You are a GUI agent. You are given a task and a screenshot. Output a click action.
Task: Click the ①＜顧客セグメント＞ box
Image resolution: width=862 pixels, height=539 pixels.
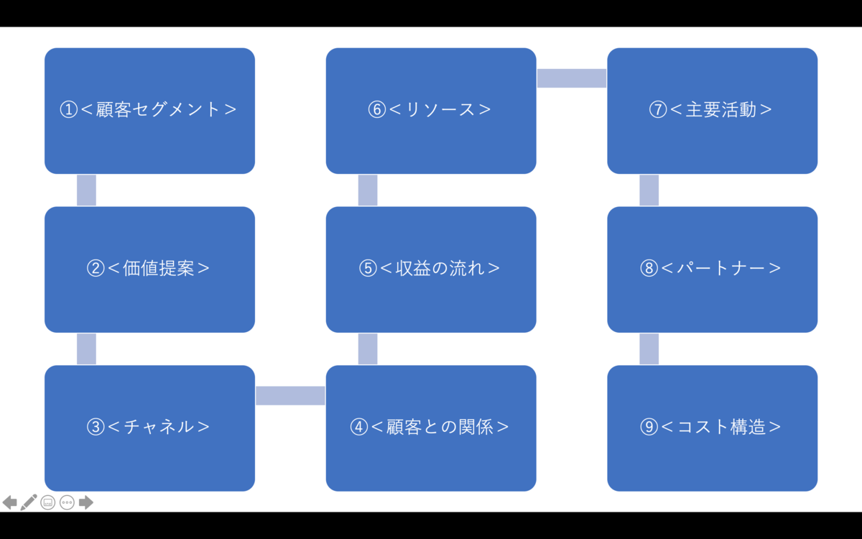point(149,111)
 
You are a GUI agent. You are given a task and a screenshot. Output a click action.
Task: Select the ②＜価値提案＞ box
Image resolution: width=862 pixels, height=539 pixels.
point(149,269)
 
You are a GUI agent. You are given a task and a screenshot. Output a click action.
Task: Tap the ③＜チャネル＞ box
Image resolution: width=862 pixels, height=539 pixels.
point(149,428)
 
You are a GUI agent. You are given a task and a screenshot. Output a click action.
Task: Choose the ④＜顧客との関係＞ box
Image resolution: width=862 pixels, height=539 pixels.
point(431,428)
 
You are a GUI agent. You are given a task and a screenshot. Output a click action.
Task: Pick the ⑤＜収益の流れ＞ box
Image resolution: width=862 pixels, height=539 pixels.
point(431,269)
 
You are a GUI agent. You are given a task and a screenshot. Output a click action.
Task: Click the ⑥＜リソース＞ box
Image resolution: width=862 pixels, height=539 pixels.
point(431,111)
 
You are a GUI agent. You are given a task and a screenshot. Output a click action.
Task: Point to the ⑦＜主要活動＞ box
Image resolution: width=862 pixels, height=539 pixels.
point(713,111)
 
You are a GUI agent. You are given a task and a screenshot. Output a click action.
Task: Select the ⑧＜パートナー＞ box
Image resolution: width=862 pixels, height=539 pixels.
point(713,269)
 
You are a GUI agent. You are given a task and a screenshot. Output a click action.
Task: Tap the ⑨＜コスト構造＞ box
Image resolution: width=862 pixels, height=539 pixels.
point(713,428)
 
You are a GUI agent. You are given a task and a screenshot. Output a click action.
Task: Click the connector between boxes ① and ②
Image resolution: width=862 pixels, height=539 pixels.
point(87,190)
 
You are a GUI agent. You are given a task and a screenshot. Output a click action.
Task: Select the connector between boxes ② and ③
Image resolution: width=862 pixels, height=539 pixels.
point(87,349)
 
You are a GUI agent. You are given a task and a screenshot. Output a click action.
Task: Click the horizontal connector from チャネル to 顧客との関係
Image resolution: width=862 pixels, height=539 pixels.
point(290,396)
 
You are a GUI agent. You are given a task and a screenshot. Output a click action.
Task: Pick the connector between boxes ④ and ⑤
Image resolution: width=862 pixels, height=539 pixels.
point(368,349)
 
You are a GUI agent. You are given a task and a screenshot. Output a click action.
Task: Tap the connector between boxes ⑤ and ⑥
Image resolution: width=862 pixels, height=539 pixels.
point(368,190)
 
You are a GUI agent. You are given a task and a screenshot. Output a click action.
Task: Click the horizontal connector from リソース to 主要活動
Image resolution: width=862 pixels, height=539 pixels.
point(572,78)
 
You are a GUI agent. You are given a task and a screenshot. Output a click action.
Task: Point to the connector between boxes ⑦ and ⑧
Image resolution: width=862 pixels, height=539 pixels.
point(649,190)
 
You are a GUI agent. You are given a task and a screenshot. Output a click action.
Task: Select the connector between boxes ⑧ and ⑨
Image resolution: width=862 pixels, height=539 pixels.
point(649,349)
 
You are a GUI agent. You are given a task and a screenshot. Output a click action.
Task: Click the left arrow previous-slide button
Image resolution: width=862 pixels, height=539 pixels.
point(9,502)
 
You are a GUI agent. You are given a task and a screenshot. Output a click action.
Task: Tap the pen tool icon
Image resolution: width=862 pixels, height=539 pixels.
point(29,502)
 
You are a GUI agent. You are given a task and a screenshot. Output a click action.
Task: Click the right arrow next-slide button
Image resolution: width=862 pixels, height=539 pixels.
point(85,502)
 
